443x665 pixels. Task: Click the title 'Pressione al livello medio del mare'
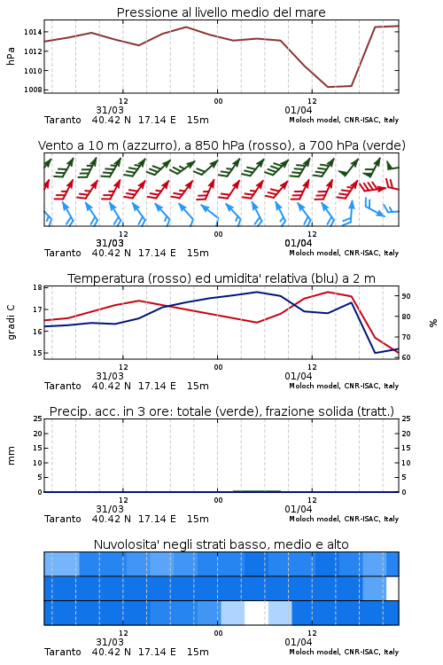[x=221, y=12]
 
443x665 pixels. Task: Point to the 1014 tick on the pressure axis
[x=33, y=32]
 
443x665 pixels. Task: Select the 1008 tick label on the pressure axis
[x=33, y=90]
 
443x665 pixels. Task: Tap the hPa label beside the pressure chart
[x=11, y=56]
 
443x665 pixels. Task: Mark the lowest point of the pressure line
[x=328, y=87]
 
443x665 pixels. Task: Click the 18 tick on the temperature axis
[x=37, y=287]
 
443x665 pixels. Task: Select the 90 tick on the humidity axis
[x=406, y=296]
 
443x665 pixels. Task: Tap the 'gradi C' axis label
[x=11, y=323]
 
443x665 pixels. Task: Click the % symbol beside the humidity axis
[x=433, y=323]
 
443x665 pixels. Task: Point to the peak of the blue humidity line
[x=257, y=292]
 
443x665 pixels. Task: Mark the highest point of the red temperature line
[x=328, y=292]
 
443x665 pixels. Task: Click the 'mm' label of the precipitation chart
[x=11, y=456]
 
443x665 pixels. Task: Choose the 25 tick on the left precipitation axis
[x=37, y=419]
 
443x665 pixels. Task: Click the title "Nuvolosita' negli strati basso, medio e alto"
[x=221, y=544]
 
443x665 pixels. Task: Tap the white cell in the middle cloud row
[x=392, y=588]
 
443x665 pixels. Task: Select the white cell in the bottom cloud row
[x=256, y=613]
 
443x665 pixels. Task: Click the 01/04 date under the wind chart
[x=298, y=243]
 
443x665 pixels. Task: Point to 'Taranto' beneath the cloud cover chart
[x=63, y=652]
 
